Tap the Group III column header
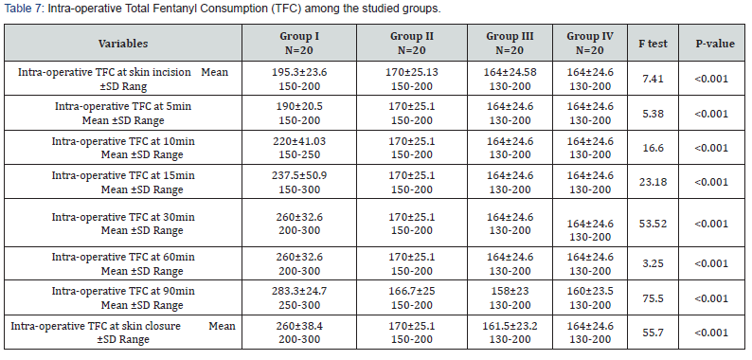[x=510, y=44]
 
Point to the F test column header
[x=651, y=44]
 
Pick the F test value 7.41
[x=651, y=79]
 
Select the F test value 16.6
[x=651, y=147]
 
